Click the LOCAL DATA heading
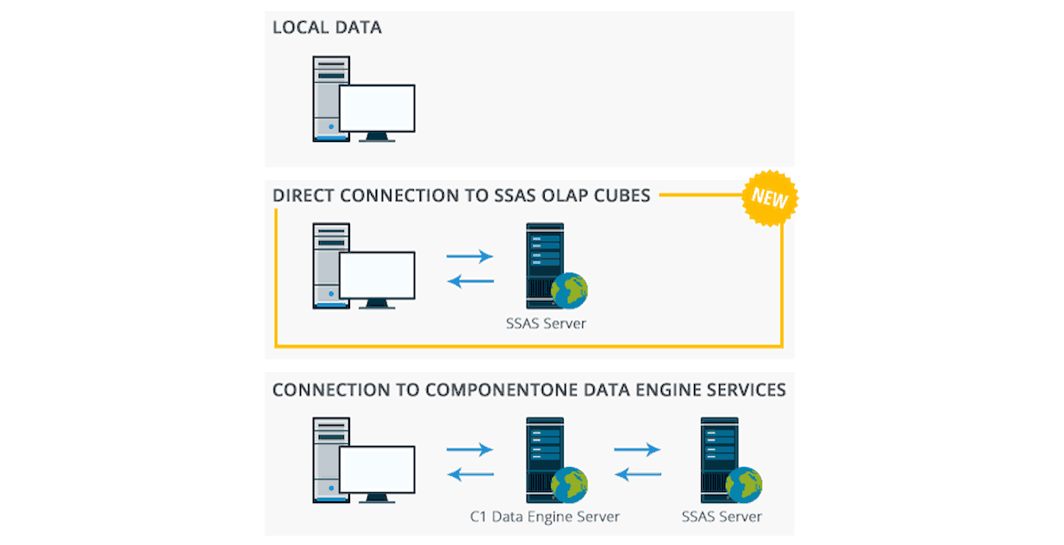[327, 28]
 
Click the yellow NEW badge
[770, 198]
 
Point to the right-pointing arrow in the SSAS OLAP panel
[469, 257]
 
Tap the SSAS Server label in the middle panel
[547, 324]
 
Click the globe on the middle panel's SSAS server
[568, 290]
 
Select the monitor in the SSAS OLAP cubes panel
[377, 279]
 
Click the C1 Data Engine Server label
[545, 517]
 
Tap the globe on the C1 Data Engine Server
[568, 485]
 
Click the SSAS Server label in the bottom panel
[722, 517]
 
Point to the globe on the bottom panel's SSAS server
[743, 485]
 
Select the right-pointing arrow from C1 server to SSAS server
[637, 449]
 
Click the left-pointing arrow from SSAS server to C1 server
[638, 474]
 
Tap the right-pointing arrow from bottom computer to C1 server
[469, 449]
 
